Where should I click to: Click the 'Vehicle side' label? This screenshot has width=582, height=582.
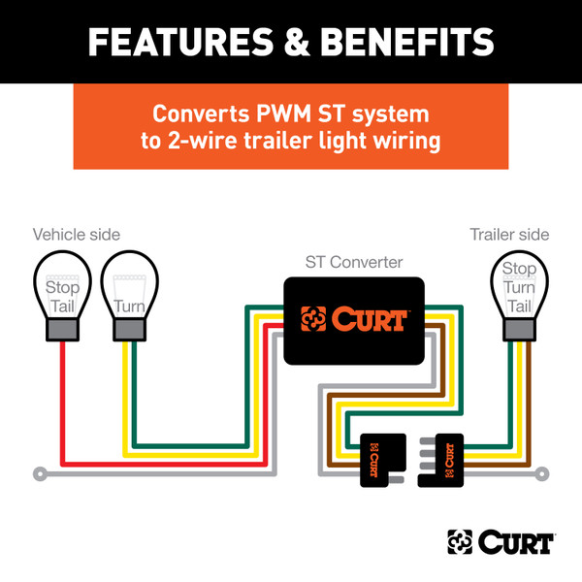[78, 235]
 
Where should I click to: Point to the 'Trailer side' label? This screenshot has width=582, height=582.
[509, 235]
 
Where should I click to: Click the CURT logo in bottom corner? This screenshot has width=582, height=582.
[501, 541]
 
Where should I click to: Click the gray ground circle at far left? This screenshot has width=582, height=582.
[39, 474]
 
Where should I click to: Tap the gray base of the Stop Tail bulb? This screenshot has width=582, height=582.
[63, 330]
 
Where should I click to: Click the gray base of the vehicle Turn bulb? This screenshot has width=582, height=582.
[129, 330]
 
